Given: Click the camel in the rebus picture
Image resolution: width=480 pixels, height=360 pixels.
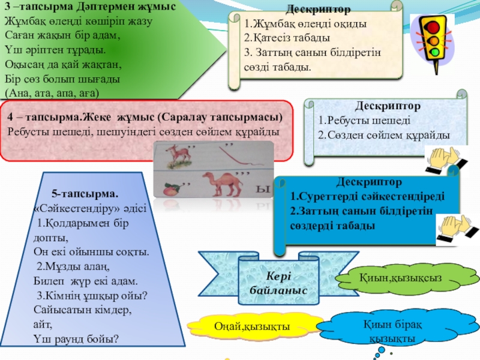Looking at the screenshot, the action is click(x=224, y=182).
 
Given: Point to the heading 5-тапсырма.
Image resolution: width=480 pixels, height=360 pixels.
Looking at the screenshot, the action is click(x=85, y=194).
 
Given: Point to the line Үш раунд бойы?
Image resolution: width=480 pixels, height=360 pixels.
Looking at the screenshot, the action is click(x=76, y=338).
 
